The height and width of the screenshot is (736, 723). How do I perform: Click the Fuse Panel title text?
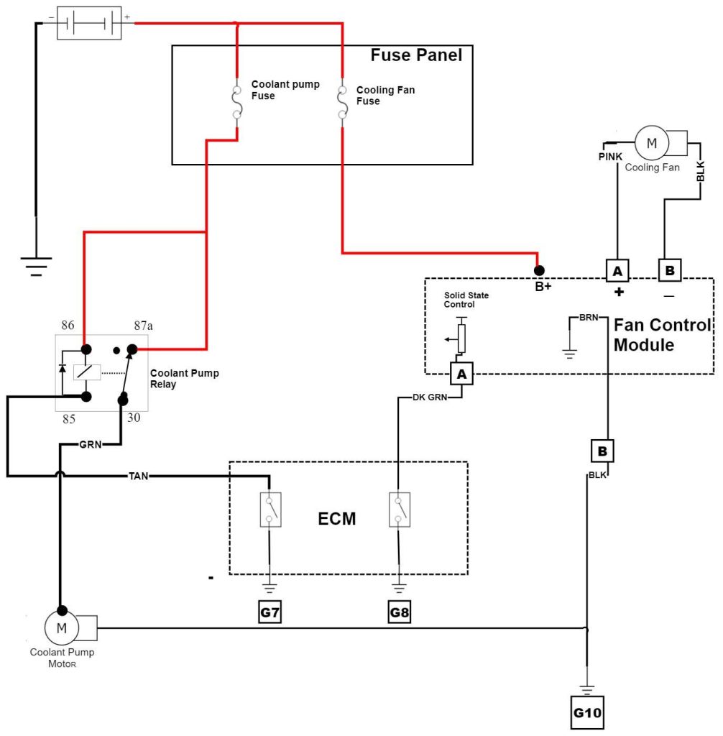[x=416, y=55]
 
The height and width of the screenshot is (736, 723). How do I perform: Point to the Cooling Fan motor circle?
[x=652, y=142]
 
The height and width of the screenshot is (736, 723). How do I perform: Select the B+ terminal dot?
[x=538, y=271]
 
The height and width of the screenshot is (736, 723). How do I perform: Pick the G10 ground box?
[x=587, y=714]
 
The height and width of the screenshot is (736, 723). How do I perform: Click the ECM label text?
[x=337, y=517]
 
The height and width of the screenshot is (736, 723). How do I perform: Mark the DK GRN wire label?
[x=430, y=397]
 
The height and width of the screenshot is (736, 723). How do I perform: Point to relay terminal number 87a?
[x=142, y=326]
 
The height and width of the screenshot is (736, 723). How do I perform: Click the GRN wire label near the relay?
[x=90, y=444]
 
